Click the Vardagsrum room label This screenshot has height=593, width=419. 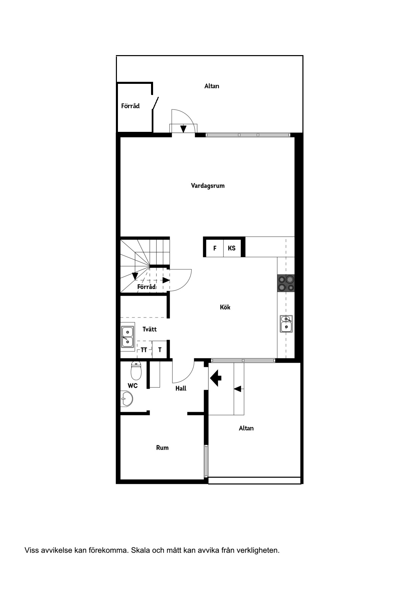point(207,186)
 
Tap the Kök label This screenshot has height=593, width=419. point(225,307)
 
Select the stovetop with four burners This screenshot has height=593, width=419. point(286,283)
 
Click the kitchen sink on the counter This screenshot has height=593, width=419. point(286,324)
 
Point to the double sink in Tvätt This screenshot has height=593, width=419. point(127,337)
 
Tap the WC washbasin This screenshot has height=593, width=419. point(127,399)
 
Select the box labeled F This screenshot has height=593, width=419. point(215,248)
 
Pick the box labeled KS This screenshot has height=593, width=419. point(232,248)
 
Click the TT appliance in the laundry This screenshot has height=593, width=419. point(144,350)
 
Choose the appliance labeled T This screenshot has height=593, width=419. point(159,350)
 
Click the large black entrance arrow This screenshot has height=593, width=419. point(215,378)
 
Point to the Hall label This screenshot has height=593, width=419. point(181,388)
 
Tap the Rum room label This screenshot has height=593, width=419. point(162,448)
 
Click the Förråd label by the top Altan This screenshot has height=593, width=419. point(130,106)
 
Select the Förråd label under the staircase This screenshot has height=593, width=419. point(147,287)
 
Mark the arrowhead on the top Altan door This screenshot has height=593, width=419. point(183,129)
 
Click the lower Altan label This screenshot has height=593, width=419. point(246,428)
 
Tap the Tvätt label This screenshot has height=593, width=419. point(149,329)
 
